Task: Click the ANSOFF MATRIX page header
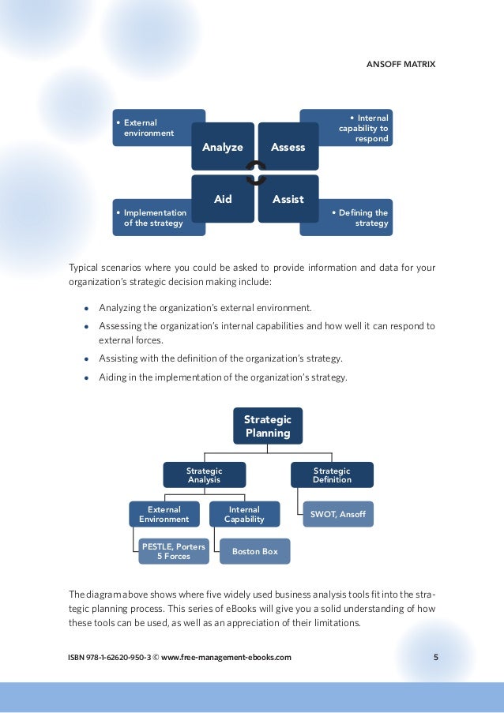click(401, 64)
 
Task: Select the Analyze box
click(223, 147)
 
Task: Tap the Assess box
click(288, 147)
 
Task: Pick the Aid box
click(223, 199)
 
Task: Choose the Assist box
click(288, 199)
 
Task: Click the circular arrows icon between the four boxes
click(255, 173)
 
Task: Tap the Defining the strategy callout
click(359, 218)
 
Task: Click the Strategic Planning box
click(267, 426)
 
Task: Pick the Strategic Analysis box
click(204, 475)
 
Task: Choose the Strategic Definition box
click(332, 475)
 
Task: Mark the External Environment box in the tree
click(164, 514)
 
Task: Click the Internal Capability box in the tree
click(244, 514)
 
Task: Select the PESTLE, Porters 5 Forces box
click(173, 551)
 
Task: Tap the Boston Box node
click(254, 551)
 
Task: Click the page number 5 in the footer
click(436, 656)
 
